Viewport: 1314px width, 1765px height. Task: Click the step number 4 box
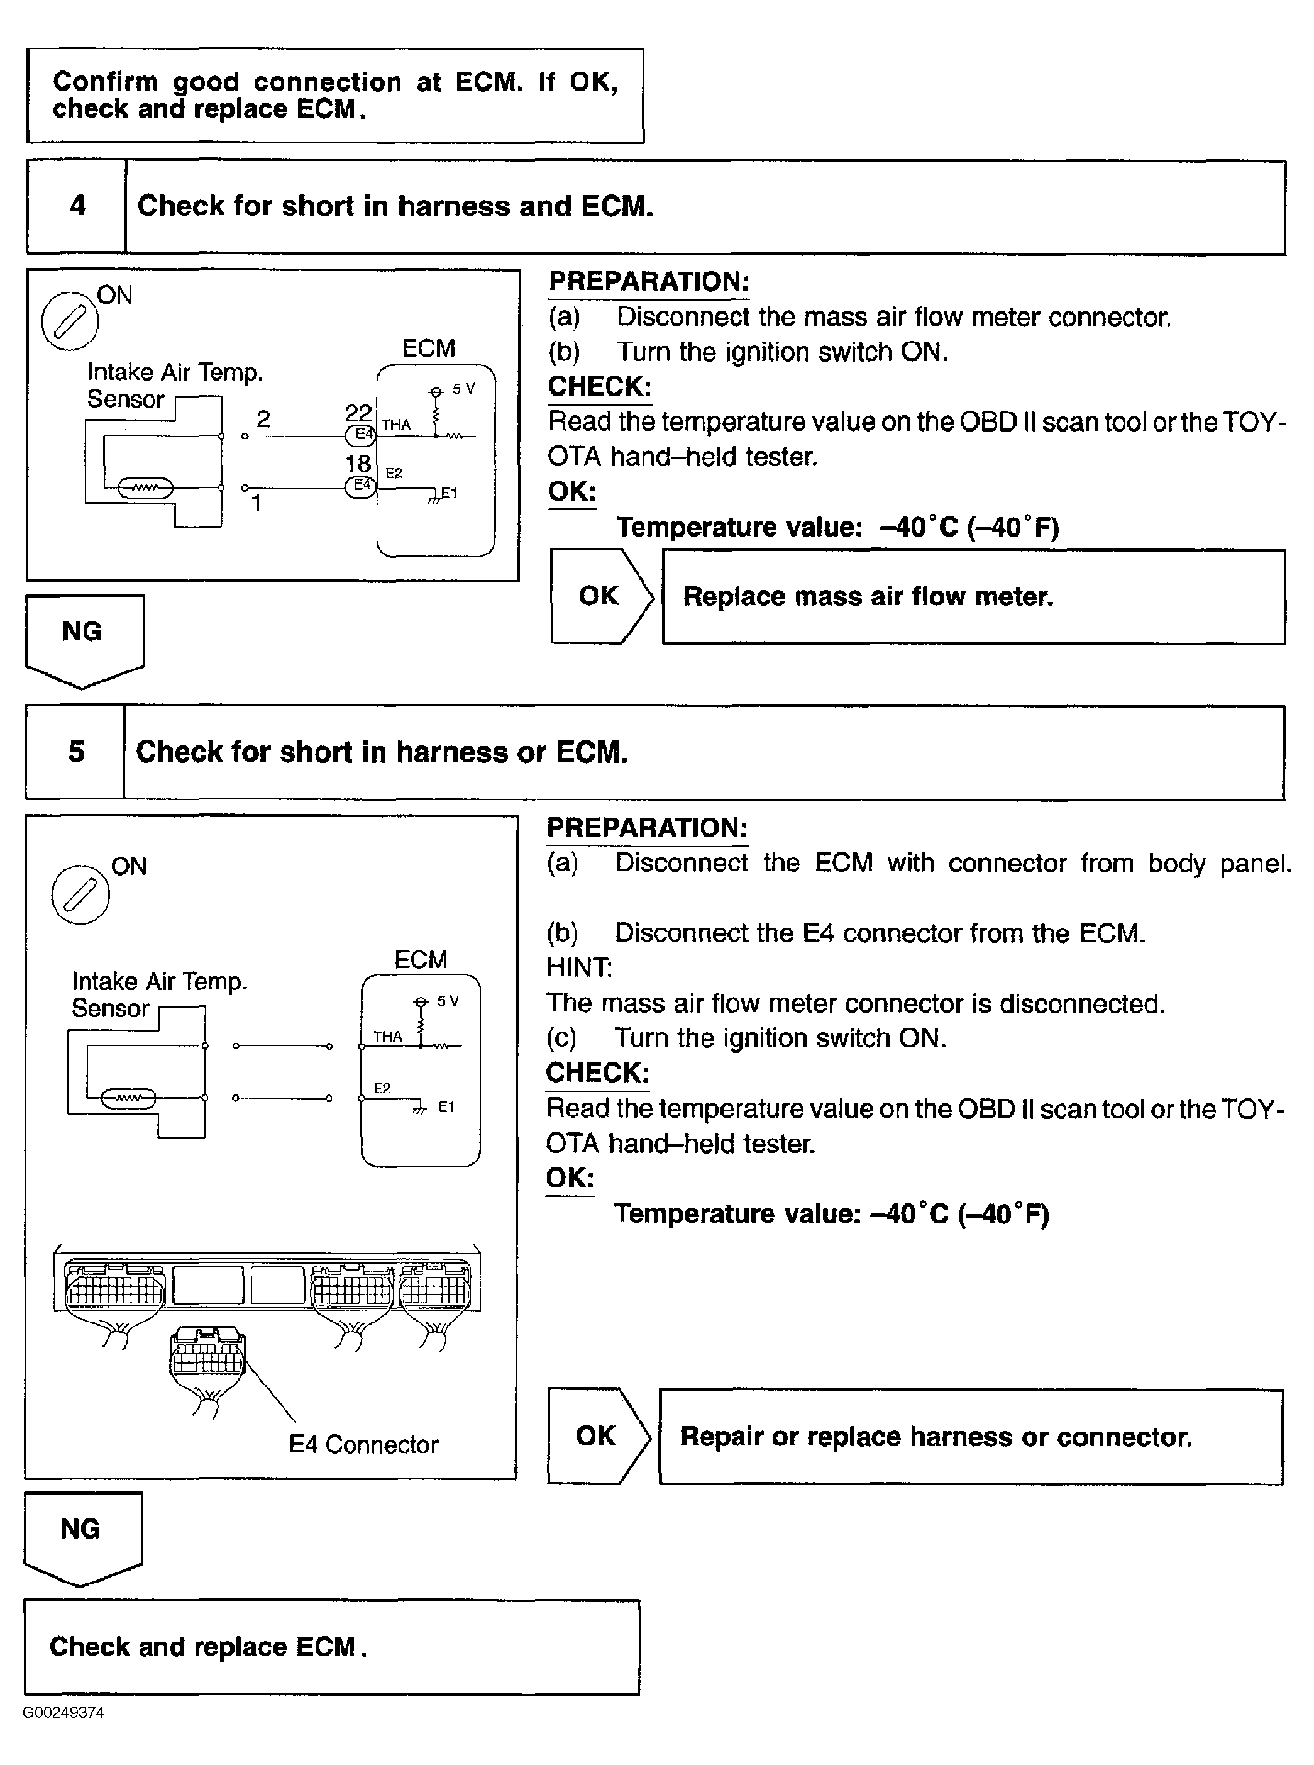pos(77,206)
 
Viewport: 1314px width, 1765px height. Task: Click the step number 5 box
pos(75,752)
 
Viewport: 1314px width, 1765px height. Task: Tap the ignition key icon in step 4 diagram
pos(70,321)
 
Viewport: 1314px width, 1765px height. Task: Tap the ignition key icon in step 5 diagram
pos(80,894)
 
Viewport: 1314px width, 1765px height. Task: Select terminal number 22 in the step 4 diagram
pos(358,412)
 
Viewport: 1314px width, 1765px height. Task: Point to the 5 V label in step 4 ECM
pos(464,389)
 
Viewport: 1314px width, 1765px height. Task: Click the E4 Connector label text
pos(363,1444)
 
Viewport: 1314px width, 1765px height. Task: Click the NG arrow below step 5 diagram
pos(82,1536)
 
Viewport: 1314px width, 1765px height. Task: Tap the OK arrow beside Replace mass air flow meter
pos(600,596)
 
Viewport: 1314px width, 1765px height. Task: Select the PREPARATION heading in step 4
pos(648,282)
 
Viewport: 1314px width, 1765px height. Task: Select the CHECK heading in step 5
pos(597,1072)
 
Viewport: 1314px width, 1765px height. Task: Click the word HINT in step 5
pos(579,967)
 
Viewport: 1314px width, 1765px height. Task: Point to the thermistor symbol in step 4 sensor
pos(145,487)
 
